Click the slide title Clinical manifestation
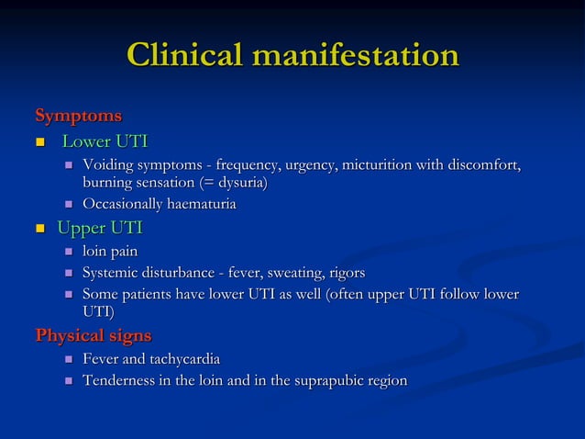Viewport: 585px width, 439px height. [292, 56]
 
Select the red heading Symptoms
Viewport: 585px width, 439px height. [78, 117]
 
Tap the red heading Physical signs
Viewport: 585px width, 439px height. [93, 334]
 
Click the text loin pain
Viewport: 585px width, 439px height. [111, 251]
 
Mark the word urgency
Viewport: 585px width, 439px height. [308, 165]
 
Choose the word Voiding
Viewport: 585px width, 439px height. [109, 165]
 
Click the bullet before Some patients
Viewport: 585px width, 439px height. [67, 296]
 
